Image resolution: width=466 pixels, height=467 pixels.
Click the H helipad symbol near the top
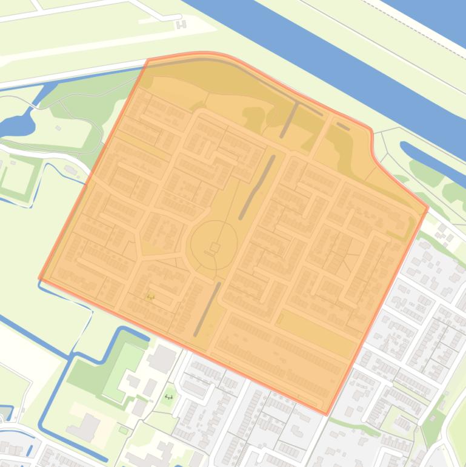(x=181, y=24)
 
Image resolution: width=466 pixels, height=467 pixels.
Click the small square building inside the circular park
(x=215, y=247)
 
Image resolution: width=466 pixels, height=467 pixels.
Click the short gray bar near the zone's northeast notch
(x=343, y=126)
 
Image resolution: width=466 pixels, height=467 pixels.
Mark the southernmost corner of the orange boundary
(x=326, y=414)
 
